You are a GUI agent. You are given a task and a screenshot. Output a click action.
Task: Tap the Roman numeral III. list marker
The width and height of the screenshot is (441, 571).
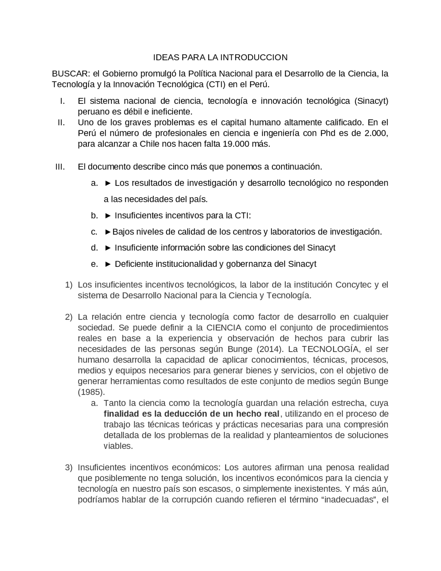pos(60,167)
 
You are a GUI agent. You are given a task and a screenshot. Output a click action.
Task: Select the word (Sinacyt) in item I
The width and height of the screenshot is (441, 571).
pos(371,101)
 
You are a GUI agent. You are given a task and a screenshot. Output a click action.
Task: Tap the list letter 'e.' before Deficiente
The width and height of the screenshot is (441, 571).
pos(94,264)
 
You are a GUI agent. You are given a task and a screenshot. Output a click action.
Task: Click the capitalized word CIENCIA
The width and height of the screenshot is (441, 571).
pos(224,327)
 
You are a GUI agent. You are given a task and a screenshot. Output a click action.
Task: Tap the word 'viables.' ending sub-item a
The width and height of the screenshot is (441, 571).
pos(118,446)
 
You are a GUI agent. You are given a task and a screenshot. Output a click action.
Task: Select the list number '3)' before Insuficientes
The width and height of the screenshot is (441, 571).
pos(69,468)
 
